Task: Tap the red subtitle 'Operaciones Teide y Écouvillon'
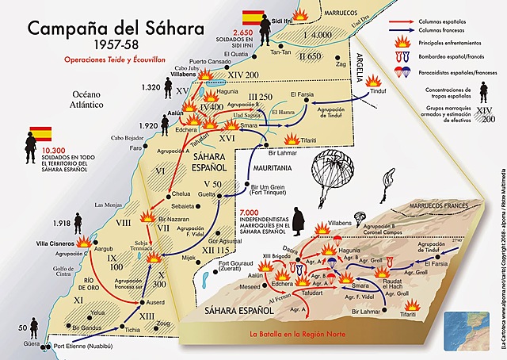pos(110,59)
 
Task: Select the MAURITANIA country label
pos(277,168)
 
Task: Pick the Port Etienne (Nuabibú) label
pos(83,346)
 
